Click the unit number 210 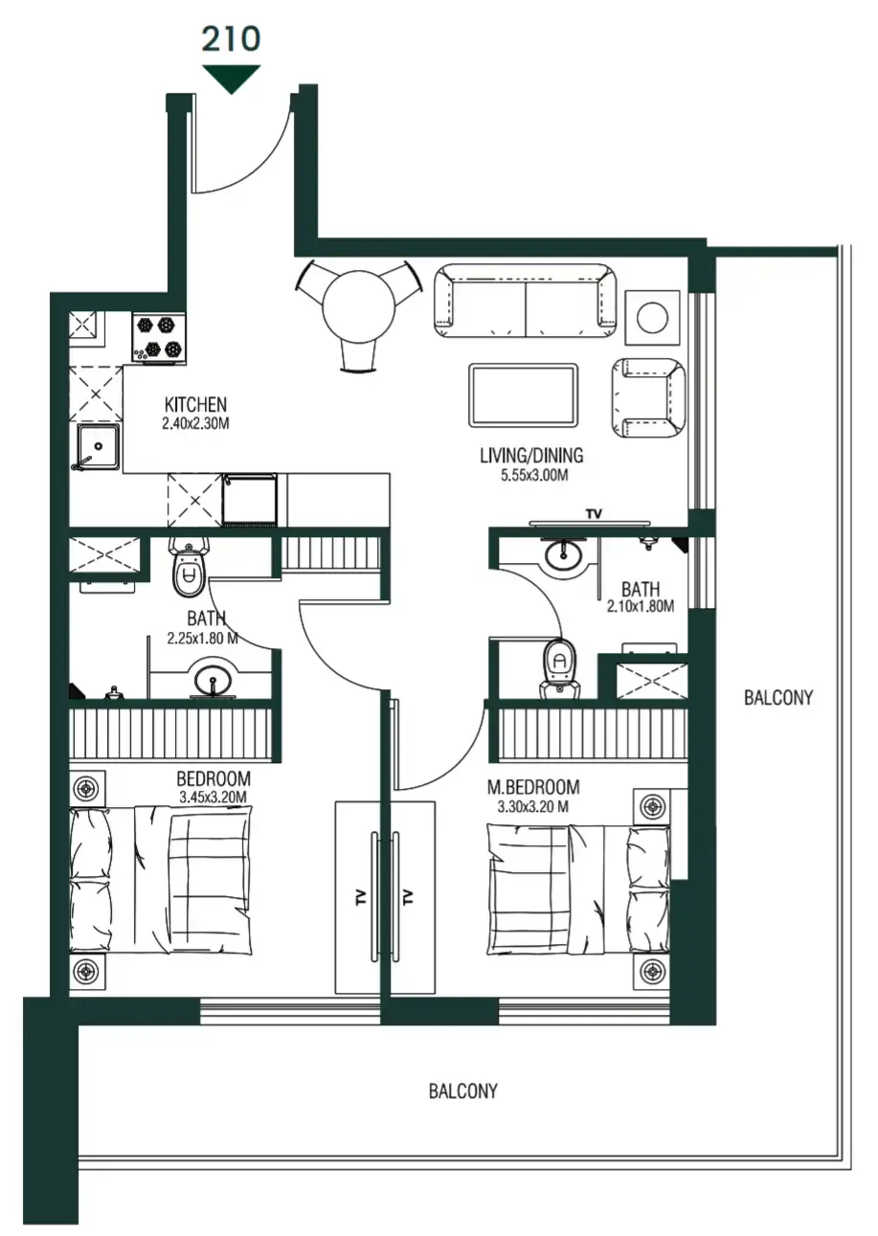click(231, 38)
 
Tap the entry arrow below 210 click(231, 78)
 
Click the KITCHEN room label click(195, 404)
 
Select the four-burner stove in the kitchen click(158, 338)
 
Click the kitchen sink click(98, 447)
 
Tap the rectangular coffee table click(523, 395)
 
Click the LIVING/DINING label click(531, 456)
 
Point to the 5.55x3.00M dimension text click(531, 475)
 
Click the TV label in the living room click(594, 515)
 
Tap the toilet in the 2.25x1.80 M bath click(189, 571)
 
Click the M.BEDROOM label click(533, 787)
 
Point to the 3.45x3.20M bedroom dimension click(213, 797)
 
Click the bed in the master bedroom click(578, 887)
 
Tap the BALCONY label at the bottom click(462, 1090)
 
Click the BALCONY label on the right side click(777, 697)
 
